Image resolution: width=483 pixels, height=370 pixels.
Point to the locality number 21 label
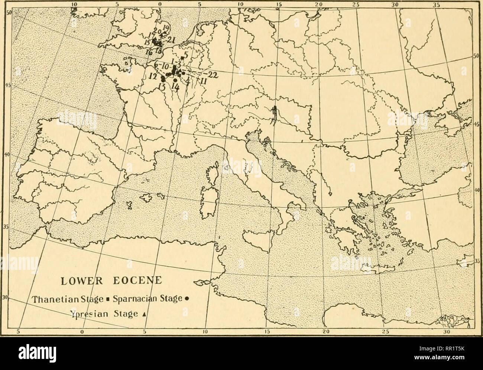click(171, 40)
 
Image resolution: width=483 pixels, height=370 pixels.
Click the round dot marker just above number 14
click(175, 80)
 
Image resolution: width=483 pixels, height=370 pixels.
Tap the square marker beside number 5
click(182, 58)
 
